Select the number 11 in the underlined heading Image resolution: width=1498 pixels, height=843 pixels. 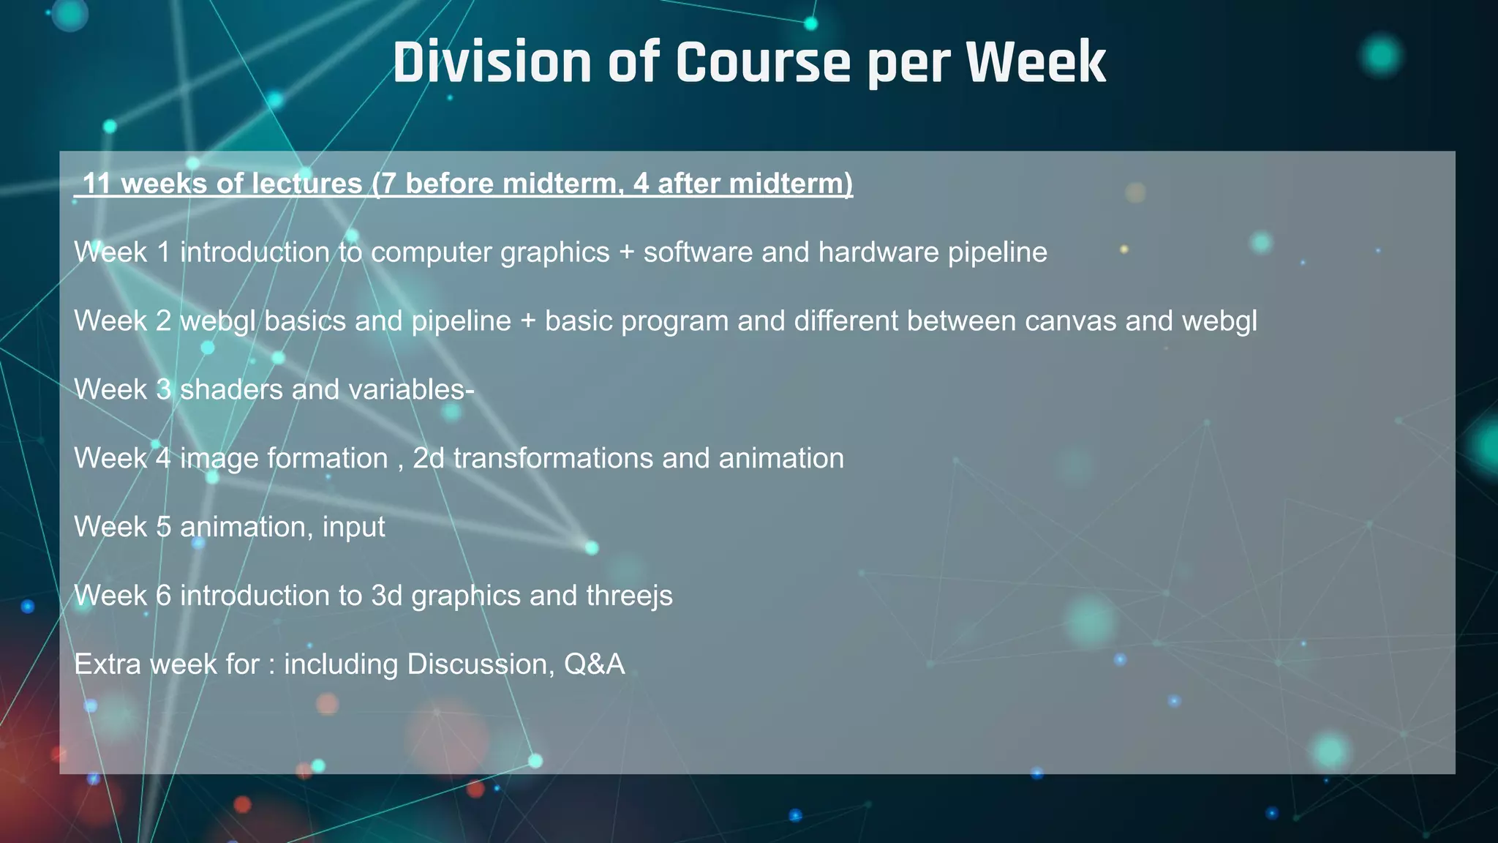point(97,183)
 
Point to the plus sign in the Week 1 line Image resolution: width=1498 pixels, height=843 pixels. point(626,252)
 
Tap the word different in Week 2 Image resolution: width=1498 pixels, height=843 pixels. point(846,321)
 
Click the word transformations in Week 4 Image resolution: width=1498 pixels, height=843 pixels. point(553,459)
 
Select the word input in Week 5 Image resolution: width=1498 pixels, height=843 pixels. point(354,528)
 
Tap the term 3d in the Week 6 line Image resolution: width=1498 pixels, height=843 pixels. point(387,596)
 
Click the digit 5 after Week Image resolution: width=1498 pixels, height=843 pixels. point(164,528)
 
